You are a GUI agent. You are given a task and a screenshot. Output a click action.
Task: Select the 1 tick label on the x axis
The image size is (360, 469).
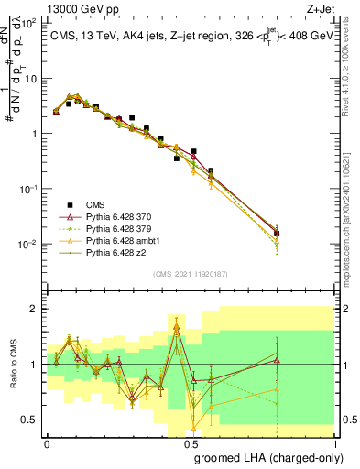click(x=334, y=442)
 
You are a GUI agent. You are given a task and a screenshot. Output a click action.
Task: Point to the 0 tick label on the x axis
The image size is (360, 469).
click(x=47, y=442)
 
